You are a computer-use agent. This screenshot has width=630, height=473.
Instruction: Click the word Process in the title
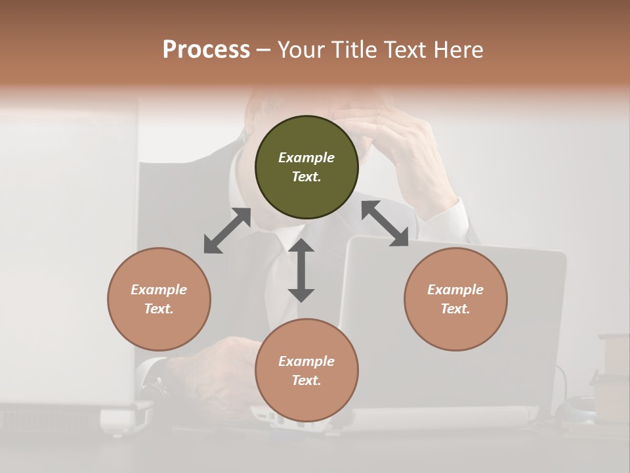coord(206,50)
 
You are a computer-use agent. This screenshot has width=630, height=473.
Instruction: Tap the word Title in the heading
coord(352,50)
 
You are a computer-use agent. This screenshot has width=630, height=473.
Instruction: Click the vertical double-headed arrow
coord(301,270)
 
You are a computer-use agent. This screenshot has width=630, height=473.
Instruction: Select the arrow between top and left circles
coord(227,231)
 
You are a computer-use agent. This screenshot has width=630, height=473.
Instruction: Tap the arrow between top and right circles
coord(385,224)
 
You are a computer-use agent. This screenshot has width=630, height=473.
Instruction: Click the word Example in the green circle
coord(306,158)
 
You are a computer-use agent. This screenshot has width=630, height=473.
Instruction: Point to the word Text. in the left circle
coord(159,309)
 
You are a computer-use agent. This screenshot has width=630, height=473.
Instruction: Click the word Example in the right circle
coord(455,290)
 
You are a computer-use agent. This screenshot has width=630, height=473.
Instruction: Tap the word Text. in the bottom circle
coord(306,380)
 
